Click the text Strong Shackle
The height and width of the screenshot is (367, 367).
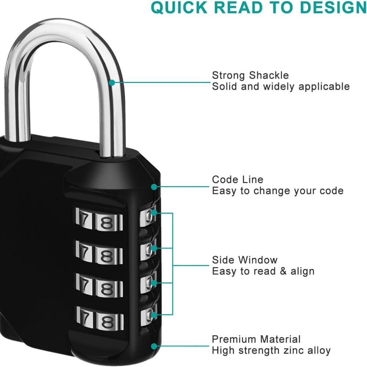coord(250,76)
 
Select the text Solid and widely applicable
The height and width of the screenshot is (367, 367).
coord(281,87)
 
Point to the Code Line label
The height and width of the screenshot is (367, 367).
coord(237,179)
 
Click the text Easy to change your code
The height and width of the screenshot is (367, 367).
coord(278,191)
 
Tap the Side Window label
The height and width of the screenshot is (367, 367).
coord(245,260)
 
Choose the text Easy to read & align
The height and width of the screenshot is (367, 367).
coord(263,272)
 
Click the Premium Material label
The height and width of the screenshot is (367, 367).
coord(256,339)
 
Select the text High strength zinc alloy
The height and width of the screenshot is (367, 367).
coord(271,350)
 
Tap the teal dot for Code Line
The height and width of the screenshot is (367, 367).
coord(154,187)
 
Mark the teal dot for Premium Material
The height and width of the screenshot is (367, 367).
coord(154,346)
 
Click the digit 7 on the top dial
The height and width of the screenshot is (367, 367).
coord(84,220)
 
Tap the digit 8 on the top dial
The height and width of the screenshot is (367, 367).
coord(107,222)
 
